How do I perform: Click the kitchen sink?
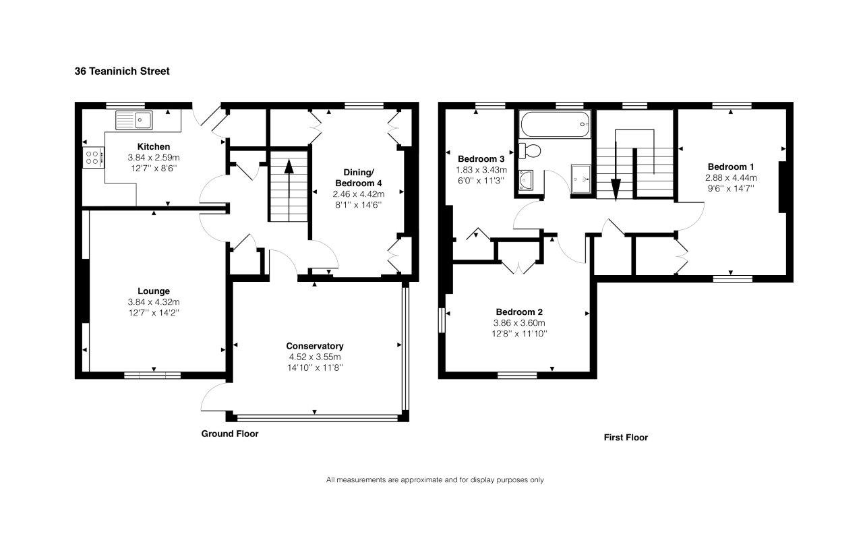(134, 120)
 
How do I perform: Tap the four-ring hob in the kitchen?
(93, 157)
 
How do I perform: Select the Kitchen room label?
(154, 146)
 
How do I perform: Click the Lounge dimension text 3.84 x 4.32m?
(154, 302)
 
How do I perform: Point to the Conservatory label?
(315, 346)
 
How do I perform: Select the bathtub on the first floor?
(555, 124)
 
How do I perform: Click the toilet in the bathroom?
(530, 150)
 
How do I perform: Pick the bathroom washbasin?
(526, 180)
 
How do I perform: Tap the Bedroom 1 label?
(731, 167)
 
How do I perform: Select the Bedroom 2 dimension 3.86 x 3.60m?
(519, 323)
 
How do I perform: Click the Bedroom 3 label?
(481, 158)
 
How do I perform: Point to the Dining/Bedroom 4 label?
(358, 177)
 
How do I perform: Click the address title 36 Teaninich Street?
(122, 71)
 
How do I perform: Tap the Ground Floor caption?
(230, 434)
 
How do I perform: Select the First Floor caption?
(626, 437)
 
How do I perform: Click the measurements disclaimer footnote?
(435, 480)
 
